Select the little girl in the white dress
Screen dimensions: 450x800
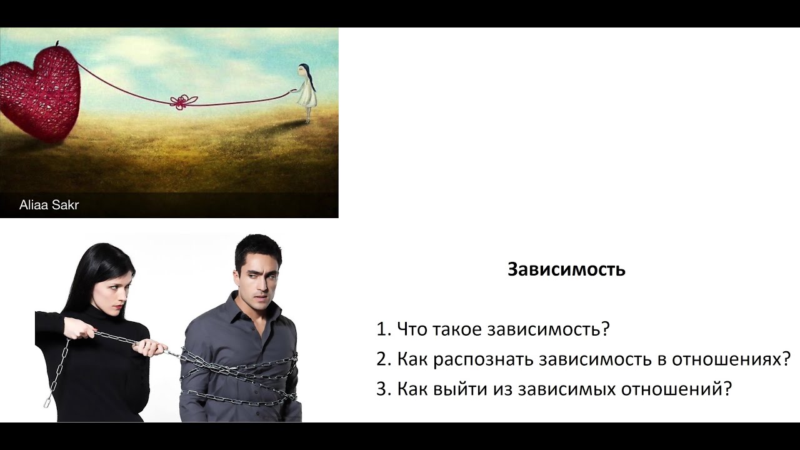click(306, 91)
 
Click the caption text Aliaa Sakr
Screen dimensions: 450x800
click(49, 205)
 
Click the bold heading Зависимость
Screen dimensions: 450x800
click(566, 269)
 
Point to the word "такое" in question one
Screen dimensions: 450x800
click(446, 329)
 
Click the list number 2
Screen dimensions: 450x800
click(383, 359)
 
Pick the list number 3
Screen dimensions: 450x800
click(383, 389)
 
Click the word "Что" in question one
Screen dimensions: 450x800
click(410, 329)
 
